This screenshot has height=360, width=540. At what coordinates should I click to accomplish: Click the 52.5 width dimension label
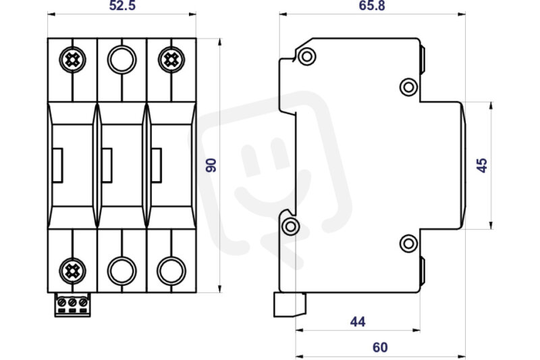click(122, 5)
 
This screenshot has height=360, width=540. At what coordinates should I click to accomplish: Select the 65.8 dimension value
click(372, 5)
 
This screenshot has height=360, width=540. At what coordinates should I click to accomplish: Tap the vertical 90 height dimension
click(211, 165)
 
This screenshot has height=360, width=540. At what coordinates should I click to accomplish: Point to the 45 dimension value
click(481, 165)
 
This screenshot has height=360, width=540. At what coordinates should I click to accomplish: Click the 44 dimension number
click(358, 322)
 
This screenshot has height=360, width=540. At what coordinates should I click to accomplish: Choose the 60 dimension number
click(380, 347)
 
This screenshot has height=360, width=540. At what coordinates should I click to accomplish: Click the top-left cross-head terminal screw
click(72, 60)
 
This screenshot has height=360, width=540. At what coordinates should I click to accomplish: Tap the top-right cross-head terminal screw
click(171, 60)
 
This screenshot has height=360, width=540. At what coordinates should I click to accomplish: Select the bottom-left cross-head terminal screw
click(72, 271)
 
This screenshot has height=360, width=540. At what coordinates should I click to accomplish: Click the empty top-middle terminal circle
click(122, 59)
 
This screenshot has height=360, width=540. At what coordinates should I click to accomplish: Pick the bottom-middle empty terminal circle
click(122, 271)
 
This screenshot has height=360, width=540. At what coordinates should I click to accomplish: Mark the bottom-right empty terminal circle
click(171, 271)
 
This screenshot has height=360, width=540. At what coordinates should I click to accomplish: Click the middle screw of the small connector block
click(72, 303)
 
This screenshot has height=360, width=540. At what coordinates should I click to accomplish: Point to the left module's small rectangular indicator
click(57, 165)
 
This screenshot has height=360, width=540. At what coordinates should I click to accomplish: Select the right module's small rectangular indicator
click(157, 165)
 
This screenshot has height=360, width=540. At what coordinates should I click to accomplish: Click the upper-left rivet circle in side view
click(307, 56)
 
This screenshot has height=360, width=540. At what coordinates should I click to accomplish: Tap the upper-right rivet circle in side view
click(409, 87)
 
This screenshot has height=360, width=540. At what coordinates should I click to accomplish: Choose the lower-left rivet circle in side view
click(290, 227)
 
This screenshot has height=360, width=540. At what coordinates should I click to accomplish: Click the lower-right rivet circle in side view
click(409, 244)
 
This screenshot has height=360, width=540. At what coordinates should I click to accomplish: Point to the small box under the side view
click(290, 305)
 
